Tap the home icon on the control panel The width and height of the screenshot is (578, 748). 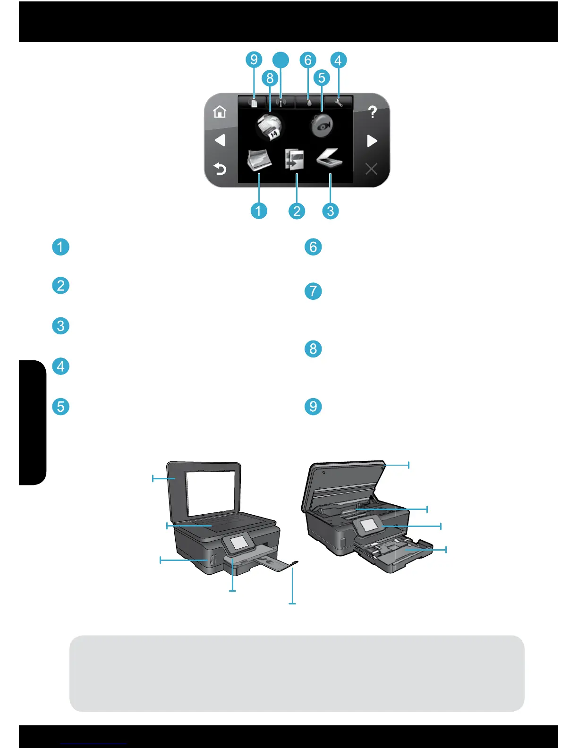220,112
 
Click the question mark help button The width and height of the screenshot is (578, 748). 372,112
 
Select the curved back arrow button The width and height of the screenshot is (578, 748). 220,169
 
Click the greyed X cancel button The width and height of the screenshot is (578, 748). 372,169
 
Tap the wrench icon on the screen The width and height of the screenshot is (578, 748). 338,102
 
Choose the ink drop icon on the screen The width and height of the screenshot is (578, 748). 309,102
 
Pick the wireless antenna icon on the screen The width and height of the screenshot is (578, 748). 280,102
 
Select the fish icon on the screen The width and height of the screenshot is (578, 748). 322,126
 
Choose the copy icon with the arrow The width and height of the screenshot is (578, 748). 294,160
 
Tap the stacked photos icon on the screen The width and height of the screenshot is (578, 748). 259,160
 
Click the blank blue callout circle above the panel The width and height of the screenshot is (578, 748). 281,59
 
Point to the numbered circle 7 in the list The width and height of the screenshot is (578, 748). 313,291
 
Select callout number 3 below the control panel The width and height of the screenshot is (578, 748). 330,211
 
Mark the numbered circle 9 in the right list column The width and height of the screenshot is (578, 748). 313,406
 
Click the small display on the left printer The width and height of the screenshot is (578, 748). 239,543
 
